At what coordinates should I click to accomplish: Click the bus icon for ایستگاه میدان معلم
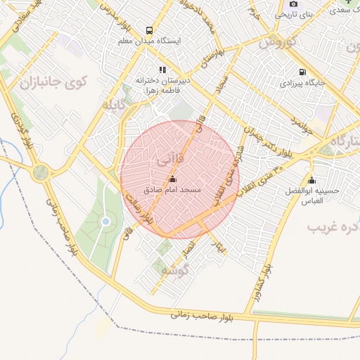[149, 30]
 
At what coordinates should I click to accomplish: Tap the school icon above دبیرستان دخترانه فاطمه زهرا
[162, 70]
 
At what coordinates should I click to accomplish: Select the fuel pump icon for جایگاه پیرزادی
[302, 72]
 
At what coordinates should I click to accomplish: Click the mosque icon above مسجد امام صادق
[173, 179]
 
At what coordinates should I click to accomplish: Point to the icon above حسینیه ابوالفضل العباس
[311, 179]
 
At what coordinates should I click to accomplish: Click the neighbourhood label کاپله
[115, 107]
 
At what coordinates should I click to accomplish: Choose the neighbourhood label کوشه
[174, 270]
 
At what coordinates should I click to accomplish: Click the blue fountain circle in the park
[105, 221]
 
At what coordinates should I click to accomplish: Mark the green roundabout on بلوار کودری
[40, 170]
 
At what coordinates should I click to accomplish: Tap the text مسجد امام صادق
[182, 191]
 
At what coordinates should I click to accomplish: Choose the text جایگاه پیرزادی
[302, 83]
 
